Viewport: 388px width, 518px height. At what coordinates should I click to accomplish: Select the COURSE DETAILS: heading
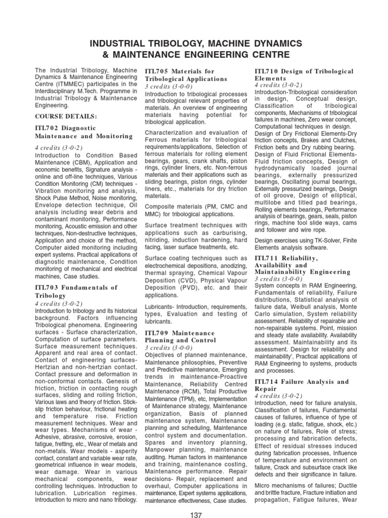pos(66,116)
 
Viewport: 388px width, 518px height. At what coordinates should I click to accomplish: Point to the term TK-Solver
pos(317,240)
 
